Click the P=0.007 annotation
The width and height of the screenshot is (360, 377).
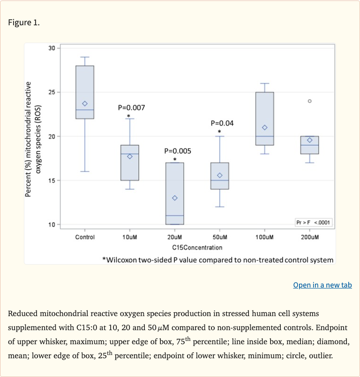[131, 108]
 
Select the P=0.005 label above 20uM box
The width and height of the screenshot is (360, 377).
[178, 151]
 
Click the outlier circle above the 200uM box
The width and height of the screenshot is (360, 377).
[309, 101]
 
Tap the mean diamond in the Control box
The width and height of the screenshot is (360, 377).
[85, 103]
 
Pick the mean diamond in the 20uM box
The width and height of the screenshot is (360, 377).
[175, 198]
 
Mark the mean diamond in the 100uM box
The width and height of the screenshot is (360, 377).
[265, 127]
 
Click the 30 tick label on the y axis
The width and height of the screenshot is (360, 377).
[52, 48]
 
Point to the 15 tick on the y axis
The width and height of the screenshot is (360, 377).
[52, 180]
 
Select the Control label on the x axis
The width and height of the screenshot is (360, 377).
[85, 237]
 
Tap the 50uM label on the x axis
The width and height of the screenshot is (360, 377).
[220, 237]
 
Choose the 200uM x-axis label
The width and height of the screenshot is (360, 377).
[310, 237]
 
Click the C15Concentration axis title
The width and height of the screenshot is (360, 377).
[197, 247]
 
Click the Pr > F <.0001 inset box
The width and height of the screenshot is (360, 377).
[314, 222]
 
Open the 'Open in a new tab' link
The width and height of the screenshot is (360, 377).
[322, 285]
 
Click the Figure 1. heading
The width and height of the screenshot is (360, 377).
[24, 22]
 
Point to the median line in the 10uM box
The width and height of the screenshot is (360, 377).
[130, 154]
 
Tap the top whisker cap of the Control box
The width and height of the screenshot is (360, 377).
[85, 57]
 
